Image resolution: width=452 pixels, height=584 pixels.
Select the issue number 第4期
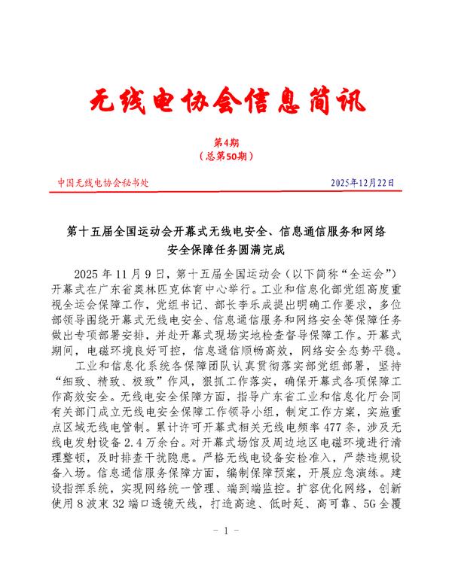pos(226,143)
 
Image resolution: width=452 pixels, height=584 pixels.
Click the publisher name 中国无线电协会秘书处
pos(103,183)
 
